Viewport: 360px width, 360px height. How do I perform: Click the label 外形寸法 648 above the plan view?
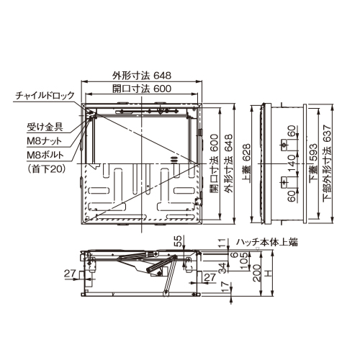click(x=142, y=76)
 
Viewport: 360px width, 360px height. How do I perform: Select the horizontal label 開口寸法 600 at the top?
click(x=142, y=89)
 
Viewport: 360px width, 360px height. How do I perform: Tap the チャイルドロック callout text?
click(x=45, y=96)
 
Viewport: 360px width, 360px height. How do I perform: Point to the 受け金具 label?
click(x=45, y=127)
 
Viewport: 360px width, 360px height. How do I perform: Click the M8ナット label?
click(x=45, y=141)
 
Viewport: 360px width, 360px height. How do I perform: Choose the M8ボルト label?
click(x=45, y=155)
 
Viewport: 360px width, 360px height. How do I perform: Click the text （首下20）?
click(x=45, y=169)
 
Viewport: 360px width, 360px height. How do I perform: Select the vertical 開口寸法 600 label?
click(x=214, y=163)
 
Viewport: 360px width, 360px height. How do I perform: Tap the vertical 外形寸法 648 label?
click(x=228, y=163)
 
